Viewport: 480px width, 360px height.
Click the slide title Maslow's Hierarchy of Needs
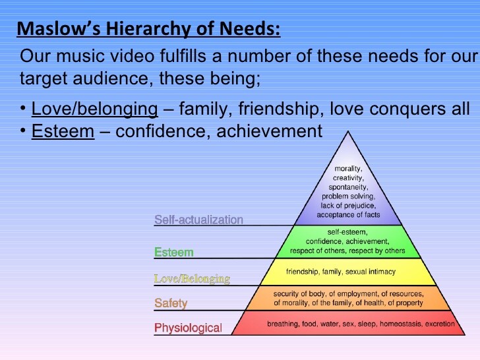(148, 29)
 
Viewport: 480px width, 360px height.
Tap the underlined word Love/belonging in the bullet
(94, 108)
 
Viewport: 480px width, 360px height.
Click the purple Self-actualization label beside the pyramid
(198, 220)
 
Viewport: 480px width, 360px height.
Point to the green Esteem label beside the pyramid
(174, 252)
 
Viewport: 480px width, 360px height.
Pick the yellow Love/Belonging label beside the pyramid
(192, 279)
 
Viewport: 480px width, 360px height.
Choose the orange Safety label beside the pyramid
(171, 303)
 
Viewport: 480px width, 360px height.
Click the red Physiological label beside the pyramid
(188, 328)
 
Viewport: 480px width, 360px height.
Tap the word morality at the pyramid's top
(348, 169)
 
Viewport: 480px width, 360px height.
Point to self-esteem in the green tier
(347, 232)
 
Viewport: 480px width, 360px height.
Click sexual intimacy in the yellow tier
(382, 271)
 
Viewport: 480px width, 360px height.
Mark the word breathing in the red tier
(282, 324)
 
